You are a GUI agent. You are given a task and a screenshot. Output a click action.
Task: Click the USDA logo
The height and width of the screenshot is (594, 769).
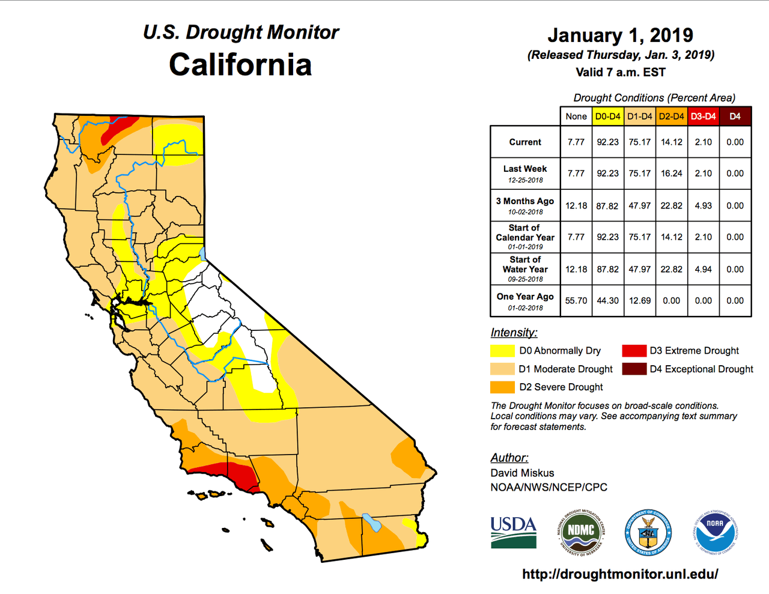513,532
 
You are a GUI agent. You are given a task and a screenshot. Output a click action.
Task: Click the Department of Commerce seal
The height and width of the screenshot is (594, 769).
648,532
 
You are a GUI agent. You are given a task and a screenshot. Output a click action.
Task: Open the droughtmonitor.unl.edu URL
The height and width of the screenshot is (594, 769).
620,574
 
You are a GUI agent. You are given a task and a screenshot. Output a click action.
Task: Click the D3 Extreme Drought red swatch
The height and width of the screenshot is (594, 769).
634,351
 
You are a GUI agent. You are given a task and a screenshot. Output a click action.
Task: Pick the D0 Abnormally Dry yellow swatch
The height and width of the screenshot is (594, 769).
502,351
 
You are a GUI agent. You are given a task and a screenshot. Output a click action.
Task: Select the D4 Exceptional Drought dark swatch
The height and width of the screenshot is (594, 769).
634,369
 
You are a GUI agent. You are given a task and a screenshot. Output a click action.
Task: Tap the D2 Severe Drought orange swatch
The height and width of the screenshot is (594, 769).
502,387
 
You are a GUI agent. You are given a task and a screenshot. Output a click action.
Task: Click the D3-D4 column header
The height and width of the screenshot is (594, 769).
703,117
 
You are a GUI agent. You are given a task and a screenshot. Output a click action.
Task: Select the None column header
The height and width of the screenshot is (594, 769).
576,117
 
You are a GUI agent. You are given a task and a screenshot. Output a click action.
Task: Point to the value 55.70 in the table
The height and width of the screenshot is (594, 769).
576,300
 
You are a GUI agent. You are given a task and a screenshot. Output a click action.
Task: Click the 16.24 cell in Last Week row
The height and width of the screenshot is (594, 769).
672,174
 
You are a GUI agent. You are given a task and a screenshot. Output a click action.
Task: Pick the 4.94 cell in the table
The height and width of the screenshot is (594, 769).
703,269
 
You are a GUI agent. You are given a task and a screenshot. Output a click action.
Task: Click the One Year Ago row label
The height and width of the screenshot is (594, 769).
525,297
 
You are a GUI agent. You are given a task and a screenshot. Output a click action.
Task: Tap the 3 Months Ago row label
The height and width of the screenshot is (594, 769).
525,201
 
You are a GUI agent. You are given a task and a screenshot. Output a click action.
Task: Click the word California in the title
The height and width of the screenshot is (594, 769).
240,65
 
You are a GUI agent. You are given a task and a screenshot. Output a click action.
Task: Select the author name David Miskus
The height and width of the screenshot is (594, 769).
522,473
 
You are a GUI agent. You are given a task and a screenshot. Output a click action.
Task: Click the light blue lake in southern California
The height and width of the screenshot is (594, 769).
371,523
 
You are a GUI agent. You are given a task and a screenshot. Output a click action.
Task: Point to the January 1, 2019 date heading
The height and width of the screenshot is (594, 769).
621,35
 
